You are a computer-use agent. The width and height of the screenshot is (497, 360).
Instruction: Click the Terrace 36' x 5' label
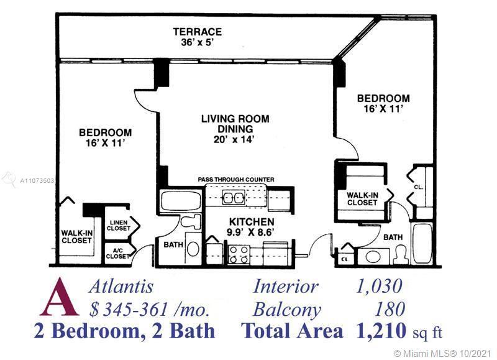coord(197,37)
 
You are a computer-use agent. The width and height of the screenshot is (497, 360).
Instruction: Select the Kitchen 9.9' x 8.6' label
coord(252,227)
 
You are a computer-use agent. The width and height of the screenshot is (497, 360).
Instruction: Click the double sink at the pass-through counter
coord(234,198)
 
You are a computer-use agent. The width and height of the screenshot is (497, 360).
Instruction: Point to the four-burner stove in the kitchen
coord(239,255)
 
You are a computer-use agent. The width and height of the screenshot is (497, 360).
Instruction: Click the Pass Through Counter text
coord(236,180)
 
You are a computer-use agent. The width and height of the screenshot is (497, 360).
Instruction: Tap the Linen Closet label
coord(118,226)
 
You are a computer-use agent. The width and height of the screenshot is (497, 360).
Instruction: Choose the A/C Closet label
coord(117,253)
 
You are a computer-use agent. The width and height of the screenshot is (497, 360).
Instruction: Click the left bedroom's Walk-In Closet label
coord(76,237)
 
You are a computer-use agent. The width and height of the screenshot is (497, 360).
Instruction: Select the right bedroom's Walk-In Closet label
coord(362,199)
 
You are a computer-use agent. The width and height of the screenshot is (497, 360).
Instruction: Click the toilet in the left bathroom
coord(191,222)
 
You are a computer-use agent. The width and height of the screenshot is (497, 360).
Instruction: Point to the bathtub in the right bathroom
coord(422,243)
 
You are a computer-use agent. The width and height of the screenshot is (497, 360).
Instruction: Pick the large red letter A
coord(59,298)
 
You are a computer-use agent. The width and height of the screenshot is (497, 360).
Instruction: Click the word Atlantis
coord(121,287)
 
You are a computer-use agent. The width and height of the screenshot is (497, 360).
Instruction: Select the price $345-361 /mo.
coord(149,310)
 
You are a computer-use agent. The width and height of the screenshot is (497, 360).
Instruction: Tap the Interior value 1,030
coord(380,286)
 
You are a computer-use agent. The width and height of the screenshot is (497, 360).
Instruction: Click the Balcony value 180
coord(390,309)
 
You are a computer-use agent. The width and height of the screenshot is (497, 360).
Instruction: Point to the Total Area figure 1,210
coord(381,331)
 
